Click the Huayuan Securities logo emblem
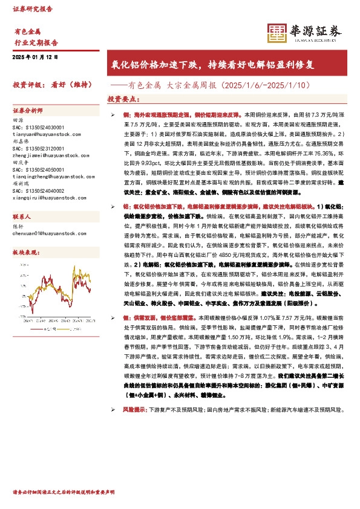(277, 34)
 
